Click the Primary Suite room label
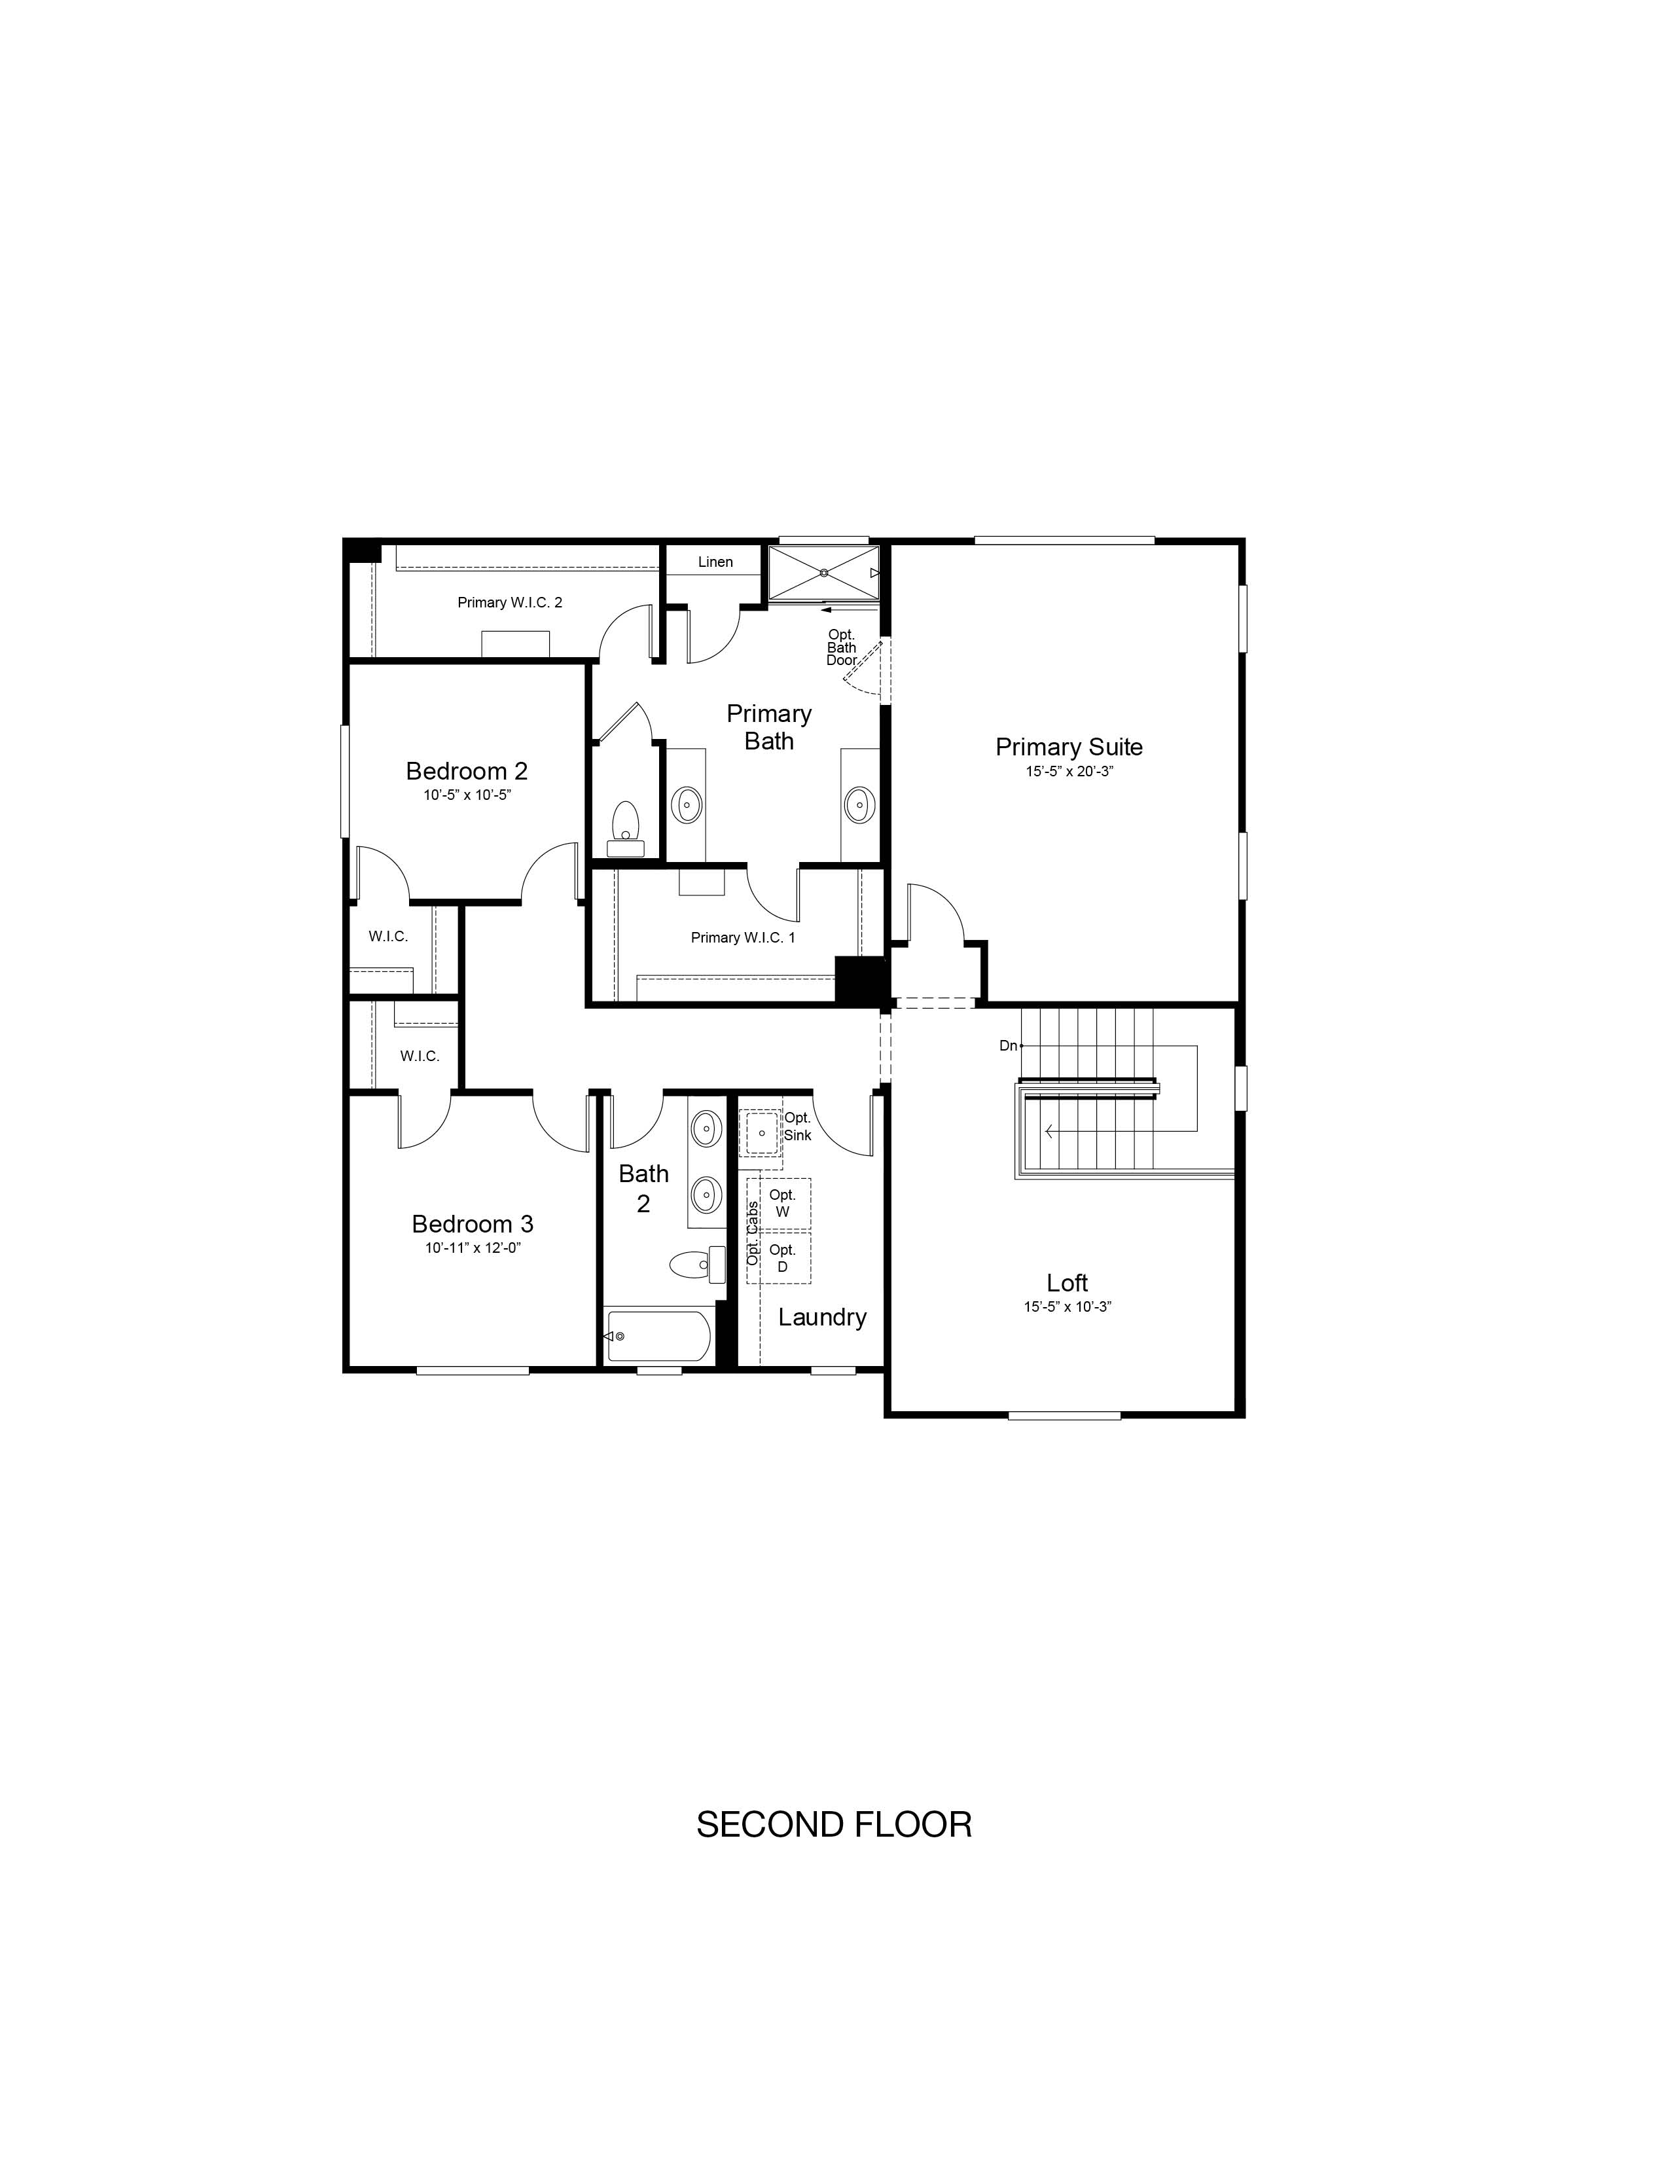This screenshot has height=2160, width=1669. coord(1069,747)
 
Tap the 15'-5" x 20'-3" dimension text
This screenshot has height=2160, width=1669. coord(1069,772)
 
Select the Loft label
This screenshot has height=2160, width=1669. coord(1067,1283)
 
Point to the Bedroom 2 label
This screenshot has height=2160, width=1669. coord(467,770)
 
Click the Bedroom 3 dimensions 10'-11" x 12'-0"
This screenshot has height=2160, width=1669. coord(473,1248)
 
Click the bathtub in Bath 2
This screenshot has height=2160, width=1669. coord(658,1336)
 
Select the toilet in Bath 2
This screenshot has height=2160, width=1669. coord(697,1264)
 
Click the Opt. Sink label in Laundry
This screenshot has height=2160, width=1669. coord(797,1126)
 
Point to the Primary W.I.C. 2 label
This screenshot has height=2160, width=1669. coord(509,602)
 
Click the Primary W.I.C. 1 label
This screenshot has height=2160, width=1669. coord(743,937)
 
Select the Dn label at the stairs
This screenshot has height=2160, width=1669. coord(1007,1045)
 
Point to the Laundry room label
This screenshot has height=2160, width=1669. coord(821,1316)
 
